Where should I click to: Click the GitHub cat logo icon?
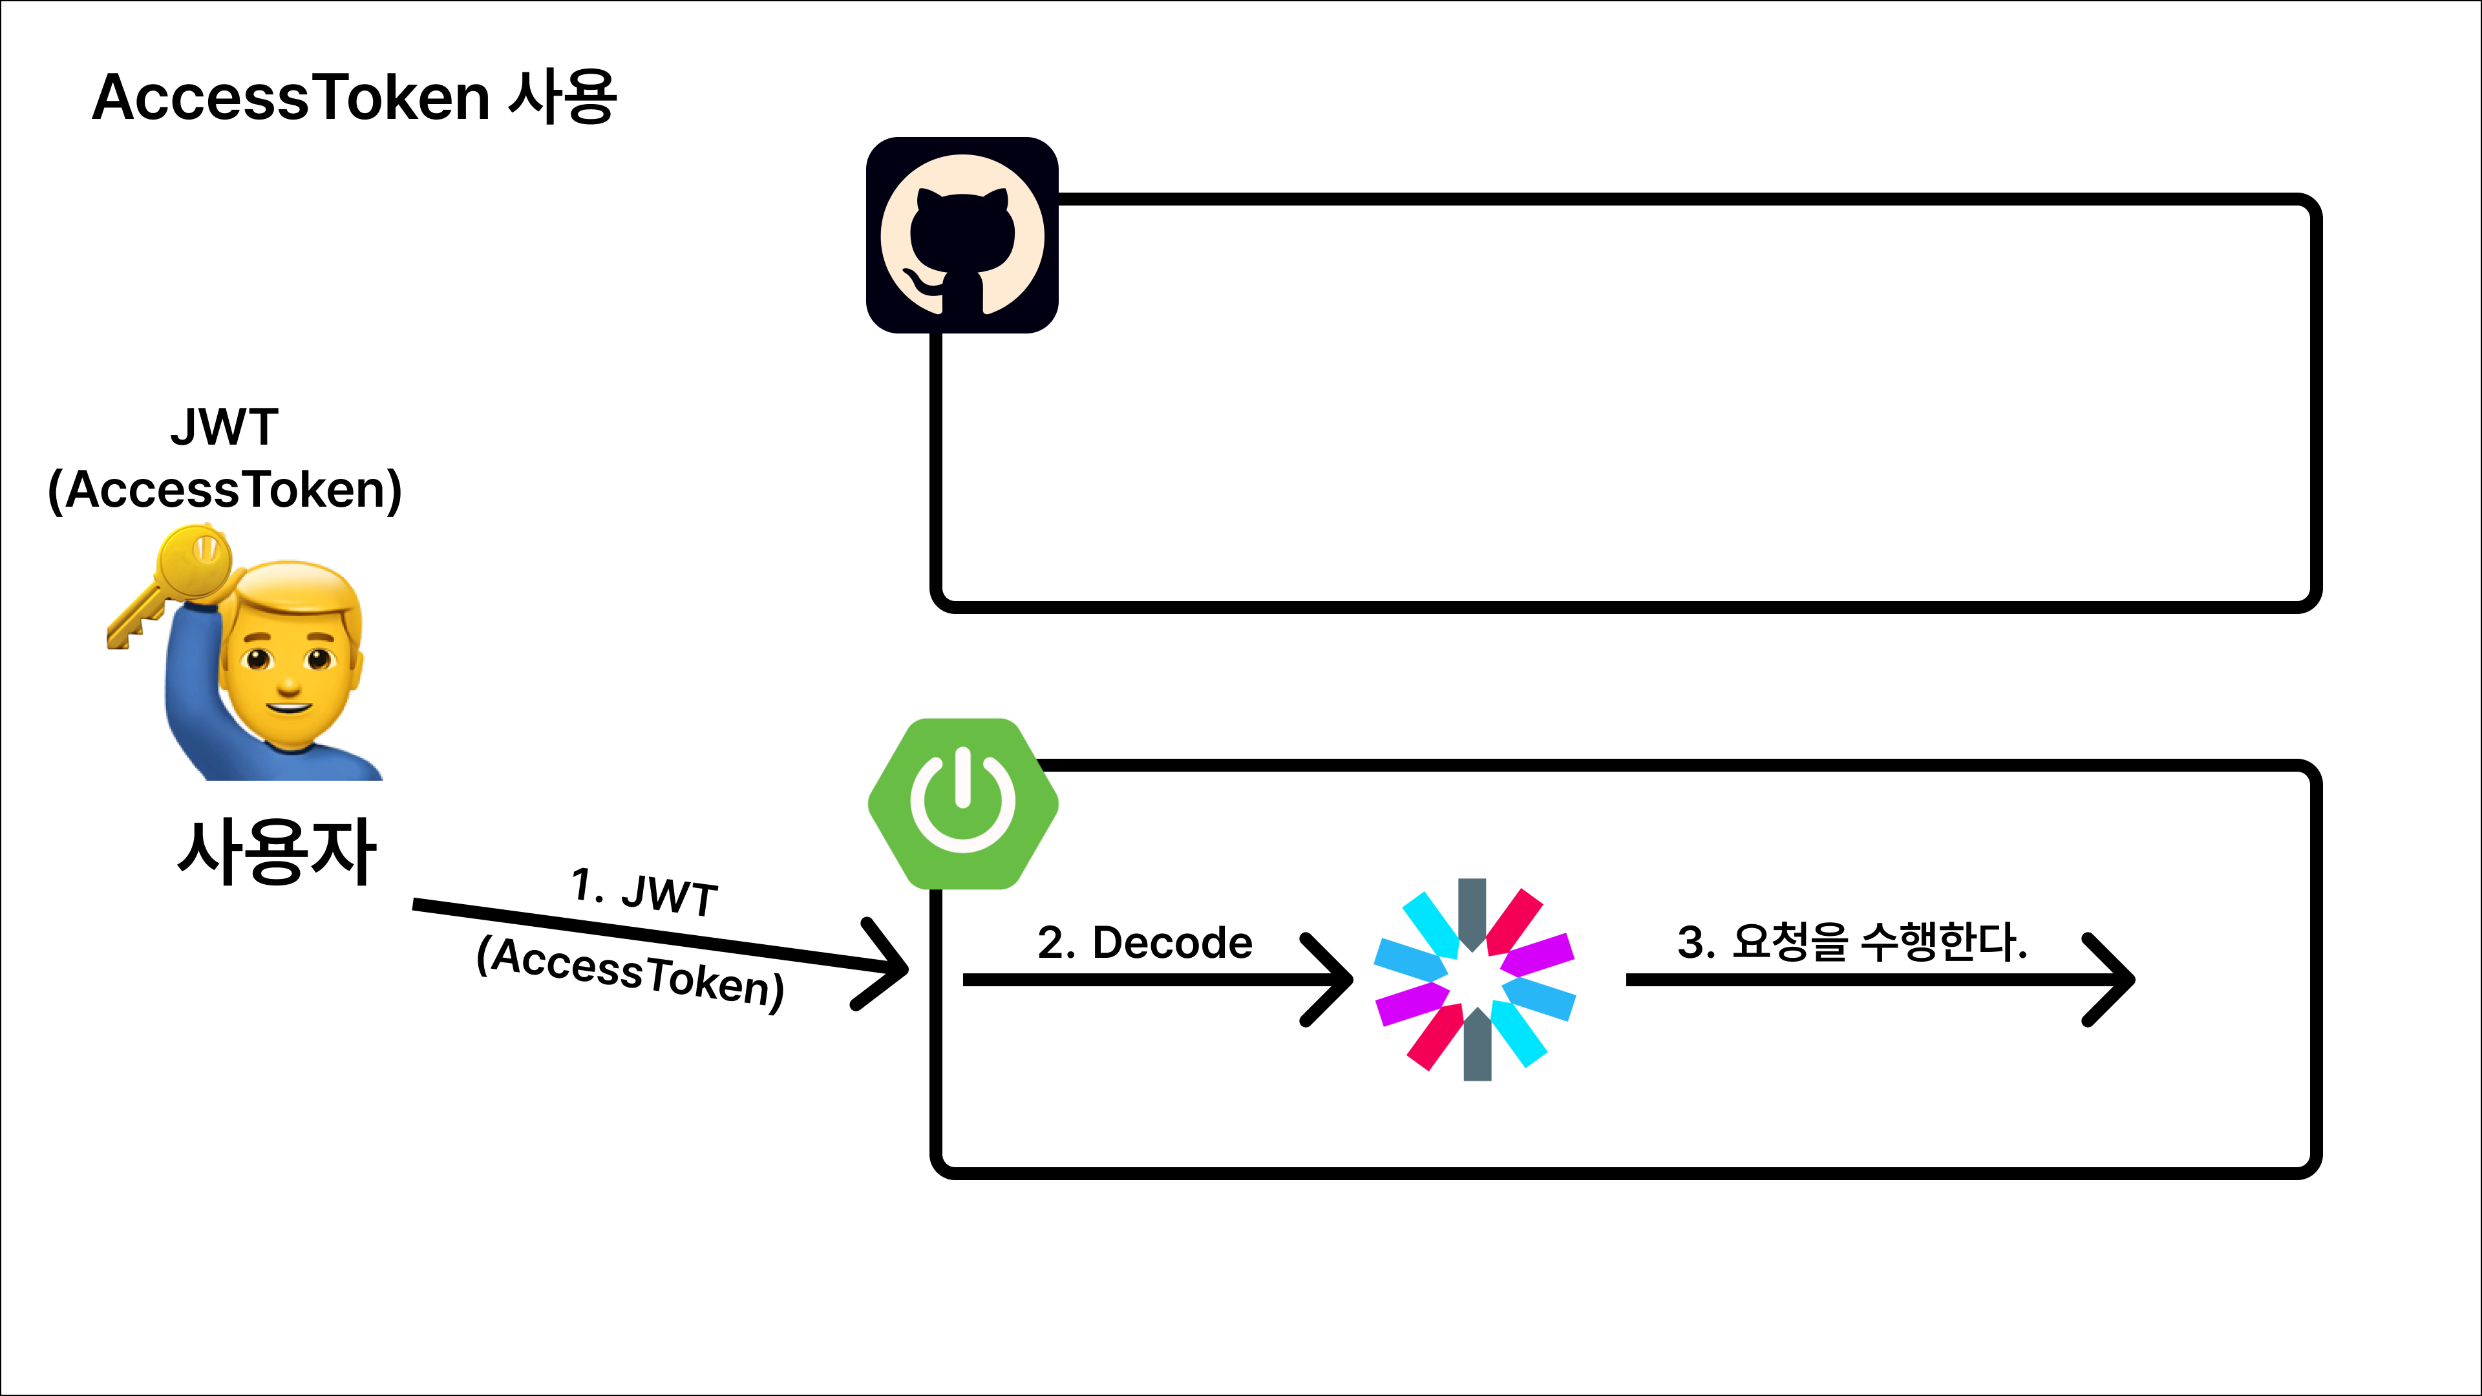(962, 236)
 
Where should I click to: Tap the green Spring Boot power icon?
(962, 803)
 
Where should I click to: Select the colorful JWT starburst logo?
(1474, 979)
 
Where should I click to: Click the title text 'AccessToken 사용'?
(354, 98)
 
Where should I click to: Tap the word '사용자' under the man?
(277, 852)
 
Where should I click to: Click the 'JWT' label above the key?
(224, 427)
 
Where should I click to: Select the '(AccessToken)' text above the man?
(224, 489)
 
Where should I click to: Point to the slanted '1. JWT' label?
(644, 892)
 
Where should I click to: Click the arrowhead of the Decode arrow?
(1335, 979)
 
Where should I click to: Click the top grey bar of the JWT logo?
(1471, 911)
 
